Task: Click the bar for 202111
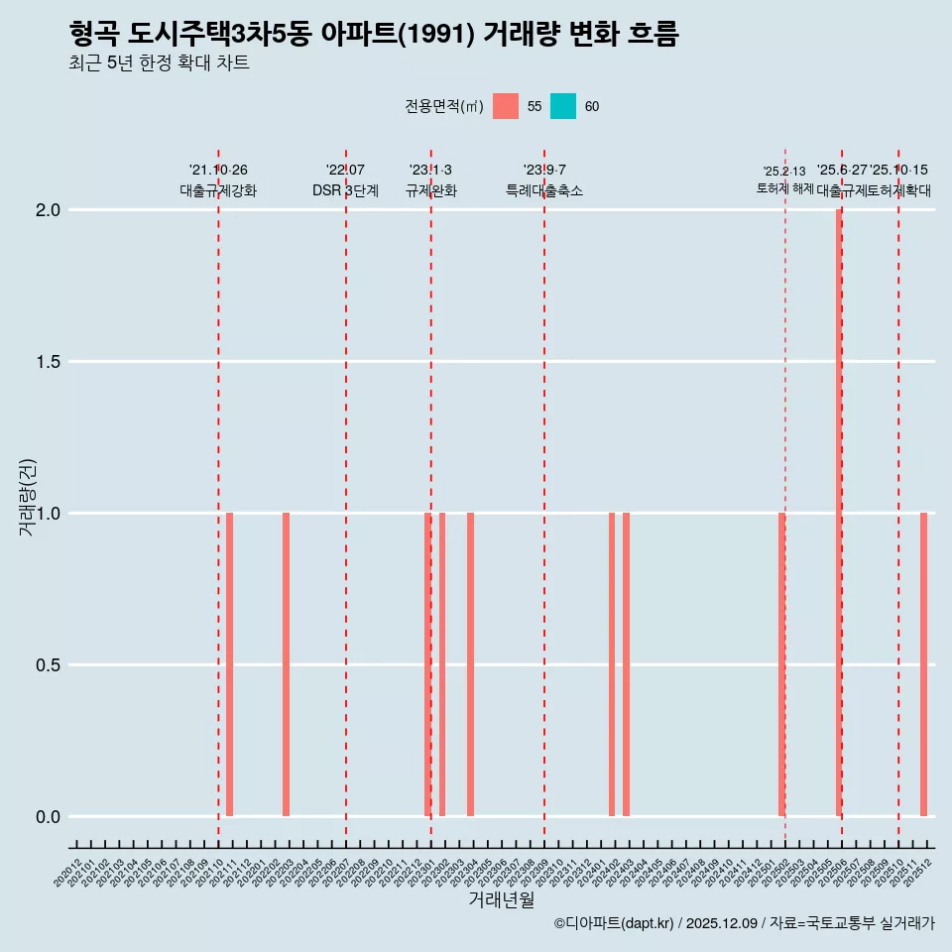pyautogui.click(x=229, y=664)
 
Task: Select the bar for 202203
pyautogui.click(x=286, y=664)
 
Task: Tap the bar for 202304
pyautogui.click(x=470, y=664)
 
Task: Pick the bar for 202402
pyautogui.click(x=612, y=664)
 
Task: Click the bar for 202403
pyautogui.click(x=626, y=664)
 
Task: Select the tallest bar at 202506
pyautogui.click(x=839, y=513)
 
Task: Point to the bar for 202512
pyautogui.click(x=923, y=664)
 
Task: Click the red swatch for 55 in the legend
pyautogui.click(x=506, y=106)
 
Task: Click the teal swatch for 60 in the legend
pyautogui.click(x=563, y=106)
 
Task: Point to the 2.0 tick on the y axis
pyautogui.click(x=49, y=210)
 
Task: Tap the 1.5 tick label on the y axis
pyautogui.click(x=49, y=362)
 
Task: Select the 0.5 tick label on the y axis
pyautogui.click(x=49, y=665)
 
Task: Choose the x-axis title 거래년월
pyautogui.click(x=501, y=900)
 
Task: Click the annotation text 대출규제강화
pyautogui.click(x=218, y=190)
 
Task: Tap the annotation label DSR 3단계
pyautogui.click(x=345, y=190)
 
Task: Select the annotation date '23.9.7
pyautogui.click(x=544, y=171)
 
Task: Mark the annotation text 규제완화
pyautogui.click(x=430, y=190)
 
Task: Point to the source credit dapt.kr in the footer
pyautogui.click(x=645, y=923)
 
